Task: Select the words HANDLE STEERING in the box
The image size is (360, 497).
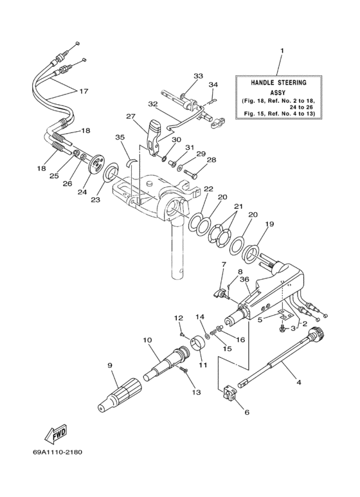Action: tap(278, 83)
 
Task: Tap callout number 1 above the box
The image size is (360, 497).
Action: tap(281, 51)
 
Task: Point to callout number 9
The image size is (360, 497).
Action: tap(110, 365)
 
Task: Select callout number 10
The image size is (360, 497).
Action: tap(147, 339)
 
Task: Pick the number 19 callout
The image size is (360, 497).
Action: tap(269, 224)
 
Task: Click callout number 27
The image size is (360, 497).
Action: tap(131, 117)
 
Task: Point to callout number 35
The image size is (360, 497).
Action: tap(120, 137)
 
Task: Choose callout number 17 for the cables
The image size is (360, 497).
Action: tap(84, 91)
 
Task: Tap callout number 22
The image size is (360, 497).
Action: tap(208, 189)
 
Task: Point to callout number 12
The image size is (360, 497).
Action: tap(179, 318)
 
